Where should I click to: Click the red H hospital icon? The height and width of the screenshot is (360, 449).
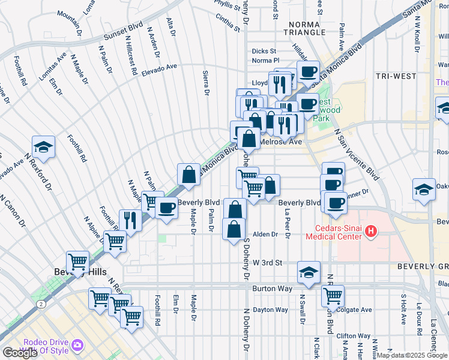[371, 230]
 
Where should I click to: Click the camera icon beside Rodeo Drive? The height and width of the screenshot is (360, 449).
[77, 345]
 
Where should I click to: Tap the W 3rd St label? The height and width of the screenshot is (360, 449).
[267, 263]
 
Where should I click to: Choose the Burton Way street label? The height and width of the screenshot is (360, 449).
[273, 289]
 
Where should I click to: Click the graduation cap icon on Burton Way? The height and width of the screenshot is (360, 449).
[309, 273]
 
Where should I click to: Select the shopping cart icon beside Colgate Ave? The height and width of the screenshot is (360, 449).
[333, 295]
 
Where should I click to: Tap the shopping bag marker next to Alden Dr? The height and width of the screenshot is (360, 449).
[233, 229]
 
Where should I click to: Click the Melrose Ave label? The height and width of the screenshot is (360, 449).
[280, 142]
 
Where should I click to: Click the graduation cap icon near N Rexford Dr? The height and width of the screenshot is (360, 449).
[44, 147]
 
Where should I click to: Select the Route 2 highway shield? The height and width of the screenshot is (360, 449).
[40, 304]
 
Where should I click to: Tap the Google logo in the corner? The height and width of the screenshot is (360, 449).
[20, 353]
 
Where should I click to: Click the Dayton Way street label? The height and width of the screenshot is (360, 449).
[270, 310]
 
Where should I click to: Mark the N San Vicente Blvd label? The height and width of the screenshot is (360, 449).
[357, 154]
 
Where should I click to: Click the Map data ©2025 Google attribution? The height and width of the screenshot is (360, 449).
[412, 355]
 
